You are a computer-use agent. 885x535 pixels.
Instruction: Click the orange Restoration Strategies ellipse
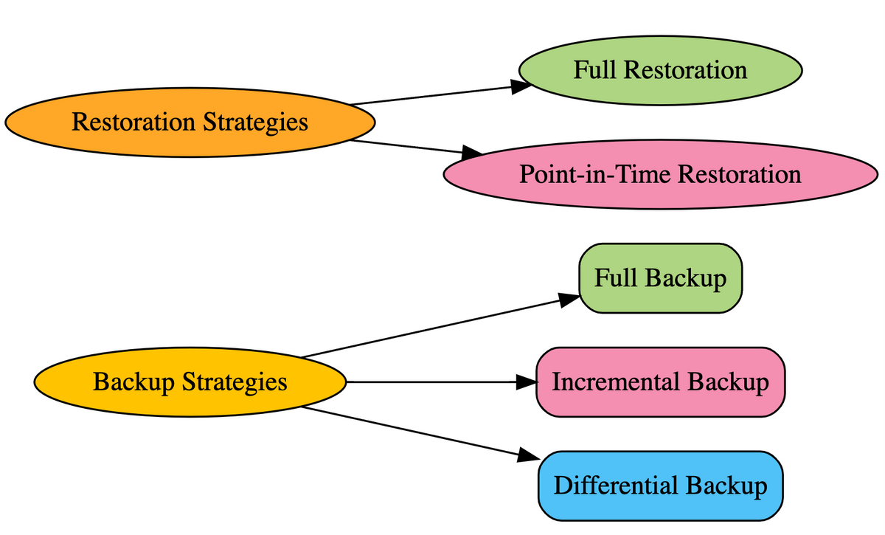coord(189,122)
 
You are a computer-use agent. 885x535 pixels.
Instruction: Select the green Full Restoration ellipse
coord(659,70)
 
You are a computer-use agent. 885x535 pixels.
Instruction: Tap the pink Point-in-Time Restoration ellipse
coord(659,175)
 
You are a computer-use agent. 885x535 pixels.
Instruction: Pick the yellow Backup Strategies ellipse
coord(190,382)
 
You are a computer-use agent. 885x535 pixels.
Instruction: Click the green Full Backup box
coord(659,279)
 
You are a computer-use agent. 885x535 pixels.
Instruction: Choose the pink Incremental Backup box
coord(659,382)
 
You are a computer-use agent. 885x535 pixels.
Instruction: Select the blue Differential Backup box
coord(659,486)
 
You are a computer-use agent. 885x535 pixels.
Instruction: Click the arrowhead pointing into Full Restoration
coord(521,86)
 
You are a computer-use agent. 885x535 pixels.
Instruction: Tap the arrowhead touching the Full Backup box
coord(569,299)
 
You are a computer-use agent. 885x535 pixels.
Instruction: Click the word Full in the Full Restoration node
coord(594,70)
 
